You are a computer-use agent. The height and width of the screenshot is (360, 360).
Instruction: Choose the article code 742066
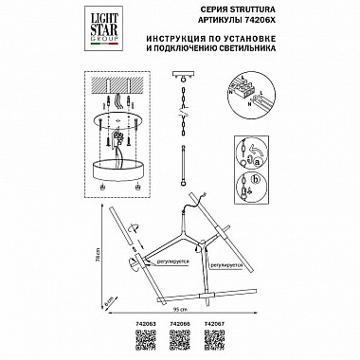pos(179,321)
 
